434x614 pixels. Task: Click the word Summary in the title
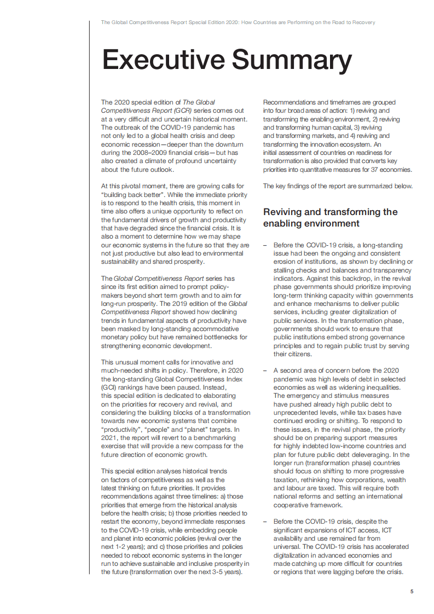click(293, 60)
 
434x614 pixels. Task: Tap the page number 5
click(412, 592)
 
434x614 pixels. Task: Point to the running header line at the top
click(238, 22)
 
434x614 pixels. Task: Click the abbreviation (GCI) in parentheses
click(109, 386)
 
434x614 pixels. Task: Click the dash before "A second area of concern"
click(264, 370)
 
